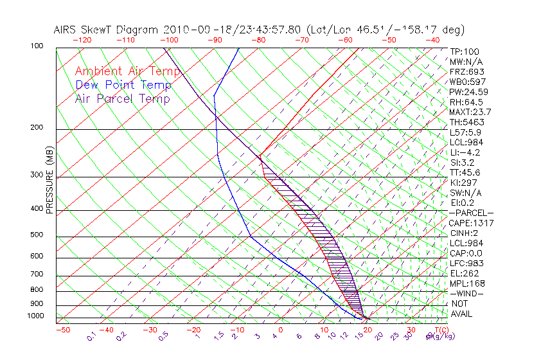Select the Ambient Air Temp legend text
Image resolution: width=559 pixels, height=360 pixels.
(x=128, y=71)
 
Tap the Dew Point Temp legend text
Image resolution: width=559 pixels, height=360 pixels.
(x=123, y=85)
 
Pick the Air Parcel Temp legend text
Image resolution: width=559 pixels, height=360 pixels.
(x=122, y=98)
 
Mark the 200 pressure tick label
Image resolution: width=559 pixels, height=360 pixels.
(x=36, y=128)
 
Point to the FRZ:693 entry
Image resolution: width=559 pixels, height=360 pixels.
(x=466, y=71)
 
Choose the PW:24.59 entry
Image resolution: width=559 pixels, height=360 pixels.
(x=469, y=92)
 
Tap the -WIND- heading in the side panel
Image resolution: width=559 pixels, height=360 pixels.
(x=466, y=293)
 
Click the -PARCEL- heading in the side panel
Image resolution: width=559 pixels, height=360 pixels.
(x=471, y=213)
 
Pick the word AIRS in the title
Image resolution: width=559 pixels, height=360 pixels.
(x=66, y=30)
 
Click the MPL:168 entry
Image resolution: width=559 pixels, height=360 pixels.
(x=467, y=283)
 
